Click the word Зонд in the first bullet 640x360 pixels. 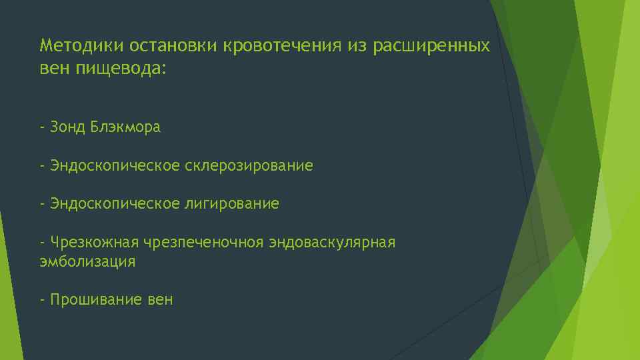click(x=68, y=127)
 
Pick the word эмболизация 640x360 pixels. click(x=87, y=262)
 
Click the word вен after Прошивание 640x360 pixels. click(x=160, y=300)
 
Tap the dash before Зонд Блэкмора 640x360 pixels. click(x=42, y=127)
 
